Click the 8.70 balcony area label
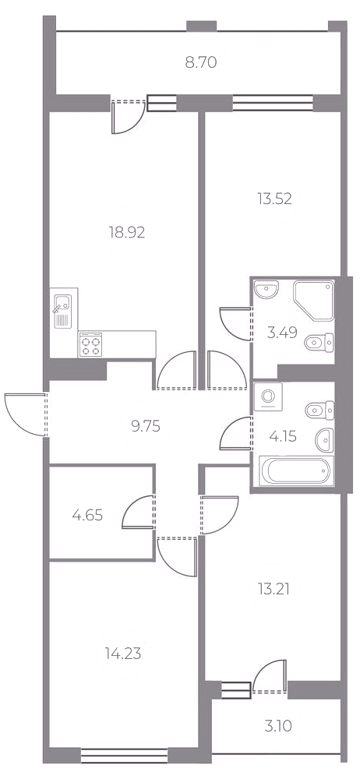coord(201,63)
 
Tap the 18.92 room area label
coord(127,232)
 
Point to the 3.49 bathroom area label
coord(282,333)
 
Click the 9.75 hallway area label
coord(146,426)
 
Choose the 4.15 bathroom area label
coord(283,437)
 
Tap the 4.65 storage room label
coord(87,515)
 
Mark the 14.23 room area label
coord(123,654)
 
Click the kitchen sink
coord(62,311)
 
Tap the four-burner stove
coord(90,344)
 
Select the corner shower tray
coord(313,300)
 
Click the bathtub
coord(295,471)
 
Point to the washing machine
coord(268,397)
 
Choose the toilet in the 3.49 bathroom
coord(319,342)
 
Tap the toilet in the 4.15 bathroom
coord(319,411)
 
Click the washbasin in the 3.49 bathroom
coord(266,290)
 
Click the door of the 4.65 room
coord(137,512)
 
